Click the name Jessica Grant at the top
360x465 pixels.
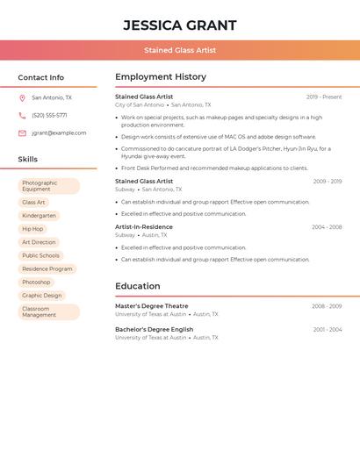click(180, 25)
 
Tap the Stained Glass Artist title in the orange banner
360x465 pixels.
click(180, 50)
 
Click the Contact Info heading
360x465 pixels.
click(41, 77)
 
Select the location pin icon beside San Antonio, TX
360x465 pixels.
click(22, 98)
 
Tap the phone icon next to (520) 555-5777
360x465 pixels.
click(22, 116)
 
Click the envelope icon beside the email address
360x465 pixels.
click(22, 133)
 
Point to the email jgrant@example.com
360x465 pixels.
click(59, 133)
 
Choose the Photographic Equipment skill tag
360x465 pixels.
click(48, 186)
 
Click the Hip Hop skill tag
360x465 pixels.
click(32, 229)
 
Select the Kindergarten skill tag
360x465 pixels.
click(39, 216)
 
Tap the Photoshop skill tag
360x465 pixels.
click(36, 283)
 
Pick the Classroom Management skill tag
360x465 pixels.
click(48, 311)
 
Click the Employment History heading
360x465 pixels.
click(161, 77)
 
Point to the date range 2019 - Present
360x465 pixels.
click(324, 97)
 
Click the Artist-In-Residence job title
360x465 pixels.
click(144, 227)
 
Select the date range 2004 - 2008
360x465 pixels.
click(327, 227)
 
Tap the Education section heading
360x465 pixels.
click(138, 286)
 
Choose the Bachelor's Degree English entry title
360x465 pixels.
click(155, 330)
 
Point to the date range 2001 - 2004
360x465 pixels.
click(327, 330)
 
